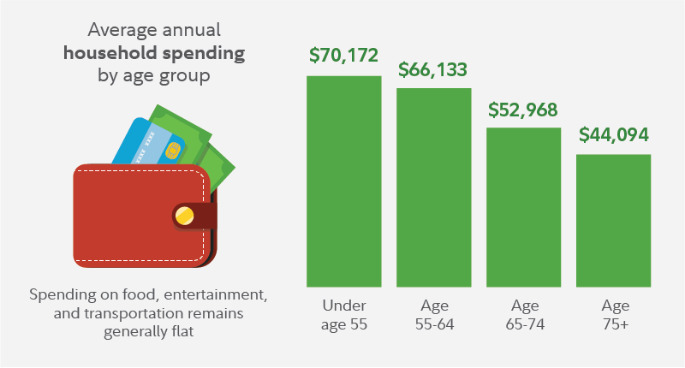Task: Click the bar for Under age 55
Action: pos(343,181)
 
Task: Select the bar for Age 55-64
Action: pos(433,187)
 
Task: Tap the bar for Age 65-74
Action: pos(523,206)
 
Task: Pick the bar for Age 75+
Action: pos(613,220)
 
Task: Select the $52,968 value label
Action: pos(523,110)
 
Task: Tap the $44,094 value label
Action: pos(614,135)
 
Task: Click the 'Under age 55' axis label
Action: pos(343,314)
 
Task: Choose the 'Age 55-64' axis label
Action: pos(433,314)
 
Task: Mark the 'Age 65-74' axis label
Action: pos(523,314)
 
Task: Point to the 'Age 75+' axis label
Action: pos(613,314)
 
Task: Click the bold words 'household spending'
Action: pos(154,53)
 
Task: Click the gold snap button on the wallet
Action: pos(183,216)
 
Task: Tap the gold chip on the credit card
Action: pos(172,152)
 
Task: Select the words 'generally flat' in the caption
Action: pos(148,332)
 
